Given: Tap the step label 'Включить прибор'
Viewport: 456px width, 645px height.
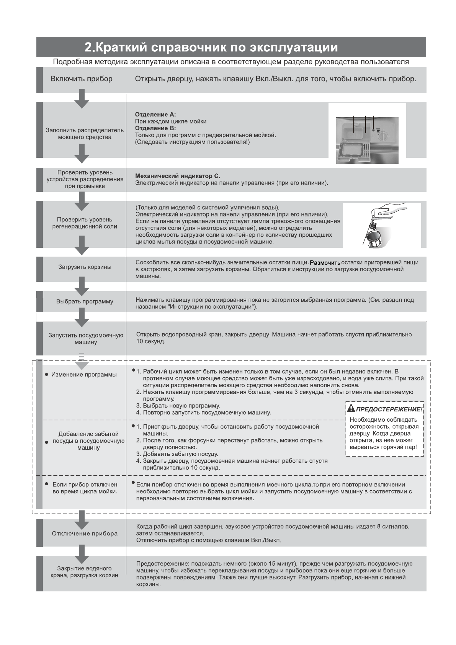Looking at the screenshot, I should [82, 79].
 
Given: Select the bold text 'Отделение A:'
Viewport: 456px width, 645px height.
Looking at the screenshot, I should [155, 115].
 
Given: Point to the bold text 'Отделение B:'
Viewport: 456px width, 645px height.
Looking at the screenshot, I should [155, 128].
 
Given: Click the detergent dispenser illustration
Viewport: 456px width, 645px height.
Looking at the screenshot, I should [367, 140].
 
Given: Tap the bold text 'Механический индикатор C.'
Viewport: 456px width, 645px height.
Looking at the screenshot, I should [178, 176].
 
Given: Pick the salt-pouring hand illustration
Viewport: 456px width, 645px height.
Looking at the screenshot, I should [381, 225].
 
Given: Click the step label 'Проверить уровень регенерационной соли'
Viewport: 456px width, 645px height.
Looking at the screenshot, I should [85, 223].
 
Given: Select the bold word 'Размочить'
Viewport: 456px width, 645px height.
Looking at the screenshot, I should [325, 263].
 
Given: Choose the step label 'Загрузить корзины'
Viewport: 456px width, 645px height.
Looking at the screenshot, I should [85, 267].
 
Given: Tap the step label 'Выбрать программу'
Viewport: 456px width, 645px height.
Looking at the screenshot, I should [85, 301].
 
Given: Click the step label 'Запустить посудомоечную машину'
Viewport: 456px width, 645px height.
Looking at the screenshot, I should [86, 339].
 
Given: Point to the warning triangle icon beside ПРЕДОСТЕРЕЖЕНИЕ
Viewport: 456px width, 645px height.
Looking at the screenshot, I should [351, 409].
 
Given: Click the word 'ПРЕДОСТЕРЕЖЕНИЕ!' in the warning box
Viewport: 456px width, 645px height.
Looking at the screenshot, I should [389, 409].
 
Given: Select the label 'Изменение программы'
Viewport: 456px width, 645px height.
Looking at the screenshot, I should [84, 375].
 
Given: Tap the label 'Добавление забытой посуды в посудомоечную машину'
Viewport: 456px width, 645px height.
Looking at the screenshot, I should [88, 441].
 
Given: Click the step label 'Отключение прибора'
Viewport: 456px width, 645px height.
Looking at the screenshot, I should [85, 534].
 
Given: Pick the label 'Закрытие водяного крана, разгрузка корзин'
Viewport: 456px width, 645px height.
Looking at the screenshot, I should [85, 572].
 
